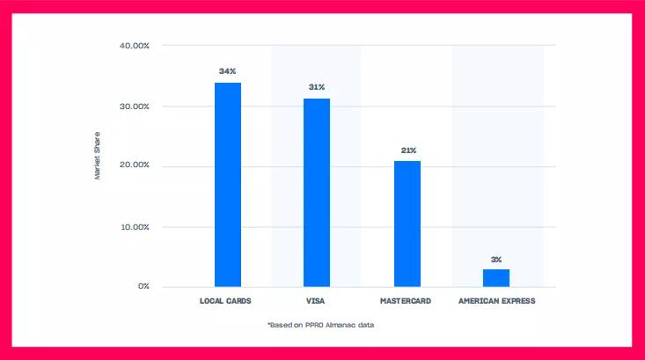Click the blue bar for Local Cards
coord(228,184)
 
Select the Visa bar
coord(317,192)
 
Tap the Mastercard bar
coord(407,224)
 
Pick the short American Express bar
coord(496,277)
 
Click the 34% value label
coord(228,70)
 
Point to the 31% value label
coord(317,87)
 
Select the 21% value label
coord(408,151)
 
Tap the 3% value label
coord(496,260)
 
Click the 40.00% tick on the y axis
coord(134,45)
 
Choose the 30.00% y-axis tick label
coord(134,107)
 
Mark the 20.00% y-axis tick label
coord(134,165)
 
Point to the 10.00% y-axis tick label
coord(134,227)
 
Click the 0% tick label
coord(143,286)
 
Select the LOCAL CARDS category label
coord(226,301)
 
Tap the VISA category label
coord(317,301)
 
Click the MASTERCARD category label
coord(407,301)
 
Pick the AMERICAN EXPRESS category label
coord(496,301)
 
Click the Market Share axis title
coord(98,156)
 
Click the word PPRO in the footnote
coord(314,325)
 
